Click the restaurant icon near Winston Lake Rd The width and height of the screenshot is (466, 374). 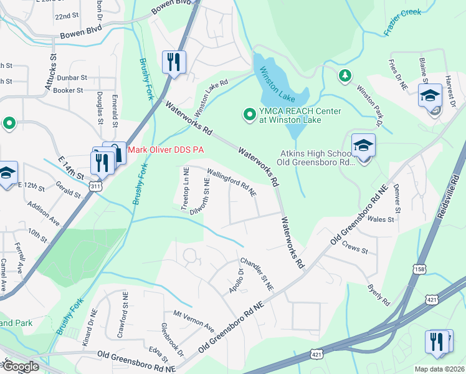[173, 62]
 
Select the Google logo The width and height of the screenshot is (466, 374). [20, 366]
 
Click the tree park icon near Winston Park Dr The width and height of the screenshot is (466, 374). [343, 76]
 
